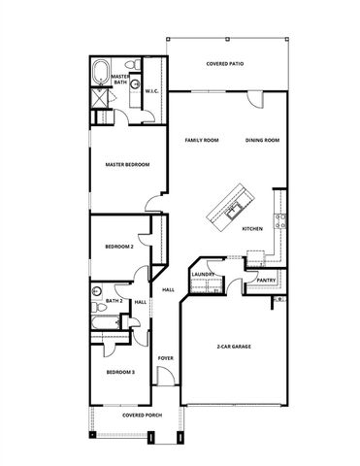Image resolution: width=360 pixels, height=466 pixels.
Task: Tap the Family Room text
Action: point(202,140)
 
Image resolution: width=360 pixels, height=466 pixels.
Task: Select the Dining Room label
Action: point(262,140)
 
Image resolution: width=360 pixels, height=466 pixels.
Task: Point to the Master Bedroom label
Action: point(127,165)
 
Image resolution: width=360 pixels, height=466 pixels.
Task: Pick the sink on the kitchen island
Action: point(233,207)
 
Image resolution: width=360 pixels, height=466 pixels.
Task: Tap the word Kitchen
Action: point(252,229)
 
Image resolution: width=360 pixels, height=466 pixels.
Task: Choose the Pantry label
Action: point(265,280)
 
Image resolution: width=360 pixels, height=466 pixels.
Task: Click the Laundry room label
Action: point(202,274)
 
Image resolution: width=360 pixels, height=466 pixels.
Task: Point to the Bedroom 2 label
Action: point(118,247)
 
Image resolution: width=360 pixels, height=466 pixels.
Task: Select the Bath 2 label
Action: point(114,301)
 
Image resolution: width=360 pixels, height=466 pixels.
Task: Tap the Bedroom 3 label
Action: point(119,372)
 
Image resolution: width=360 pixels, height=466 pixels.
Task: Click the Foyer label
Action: point(165,357)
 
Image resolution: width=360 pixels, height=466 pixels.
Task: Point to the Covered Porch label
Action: point(142,415)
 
